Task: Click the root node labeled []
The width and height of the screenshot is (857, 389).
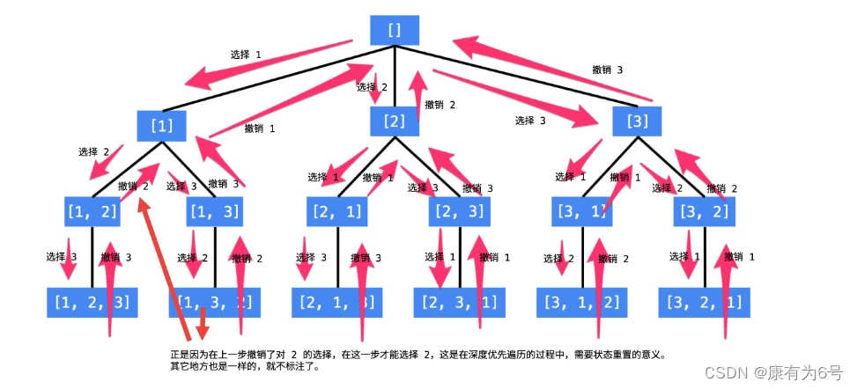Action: (x=394, y=30)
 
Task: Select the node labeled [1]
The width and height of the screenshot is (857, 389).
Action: (x=162, y=125)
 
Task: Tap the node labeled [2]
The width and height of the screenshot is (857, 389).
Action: (x=394, y=121)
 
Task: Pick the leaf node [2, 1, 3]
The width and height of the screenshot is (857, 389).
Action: (x=336, y=302)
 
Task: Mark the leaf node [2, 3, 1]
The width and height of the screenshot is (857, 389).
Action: (x=459, y=302)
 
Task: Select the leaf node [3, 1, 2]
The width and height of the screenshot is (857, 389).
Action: (x=582, y=302)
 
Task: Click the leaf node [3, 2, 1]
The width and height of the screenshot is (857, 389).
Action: (x=705, y=302)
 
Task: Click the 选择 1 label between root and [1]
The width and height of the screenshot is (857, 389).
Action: (x=246, y=55)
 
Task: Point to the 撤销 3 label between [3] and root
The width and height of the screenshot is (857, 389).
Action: (x=607, y=70)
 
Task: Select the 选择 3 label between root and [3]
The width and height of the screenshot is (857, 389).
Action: (x=530, y=121)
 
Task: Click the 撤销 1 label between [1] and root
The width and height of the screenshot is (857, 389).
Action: (x=260, y=128)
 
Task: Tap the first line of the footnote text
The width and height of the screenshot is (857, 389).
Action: (x=418, y=355)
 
